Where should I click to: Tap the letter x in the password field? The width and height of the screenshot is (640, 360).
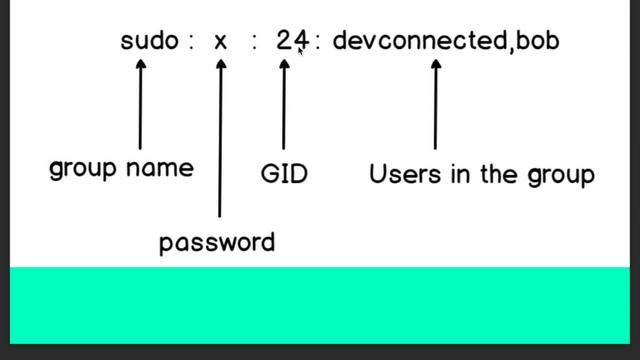pyautogui.click(x=221, y=42)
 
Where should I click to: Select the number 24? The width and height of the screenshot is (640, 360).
pyautogui.click(x=290, y=41)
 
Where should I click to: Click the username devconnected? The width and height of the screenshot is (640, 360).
pyautogui.click(x=419, y=41)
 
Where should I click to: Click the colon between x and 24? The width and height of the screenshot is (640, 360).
pyautogui.click(x=255, y=43)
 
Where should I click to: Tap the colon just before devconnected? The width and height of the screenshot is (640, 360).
pyautogui.click(x=318, y=43)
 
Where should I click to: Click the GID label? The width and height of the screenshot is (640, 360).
pyautogui.click(x=284, y=174)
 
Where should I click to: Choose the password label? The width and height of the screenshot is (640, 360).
pyautogui.click(x=217, y=242)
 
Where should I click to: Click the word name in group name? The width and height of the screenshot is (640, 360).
pyautogui.click(x=161, y=168)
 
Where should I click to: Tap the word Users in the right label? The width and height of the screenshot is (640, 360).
pyautogui.click(x=397, y=174)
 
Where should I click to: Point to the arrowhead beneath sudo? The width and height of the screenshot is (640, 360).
pyautogui.click(x=140, y=64)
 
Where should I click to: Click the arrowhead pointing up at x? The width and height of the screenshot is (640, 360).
pyautogui.click(x=221, y=65)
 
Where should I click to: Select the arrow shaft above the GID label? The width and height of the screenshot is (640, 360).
pyautogui.click(x=284, y=110)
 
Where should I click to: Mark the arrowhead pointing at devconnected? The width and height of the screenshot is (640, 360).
pyautogui.click(x=435, y=65)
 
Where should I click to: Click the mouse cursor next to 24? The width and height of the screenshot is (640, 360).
pyautogui.click(x=301, y=51)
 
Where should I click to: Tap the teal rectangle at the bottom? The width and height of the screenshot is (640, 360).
pyautogui.click(x=320, y=305)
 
